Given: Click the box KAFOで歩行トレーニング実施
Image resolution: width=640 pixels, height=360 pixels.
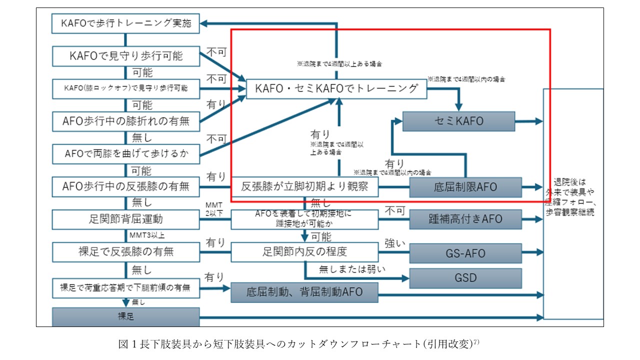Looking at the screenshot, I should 125,23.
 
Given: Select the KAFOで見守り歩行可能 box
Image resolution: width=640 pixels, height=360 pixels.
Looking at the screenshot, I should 125,55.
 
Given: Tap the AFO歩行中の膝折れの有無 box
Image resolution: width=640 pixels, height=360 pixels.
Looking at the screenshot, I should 125,120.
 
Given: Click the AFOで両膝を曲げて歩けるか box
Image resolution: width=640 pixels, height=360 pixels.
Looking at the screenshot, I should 125,153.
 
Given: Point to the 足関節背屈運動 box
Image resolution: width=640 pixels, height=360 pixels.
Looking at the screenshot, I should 125,219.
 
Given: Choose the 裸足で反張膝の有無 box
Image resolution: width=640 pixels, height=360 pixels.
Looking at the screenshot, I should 125,251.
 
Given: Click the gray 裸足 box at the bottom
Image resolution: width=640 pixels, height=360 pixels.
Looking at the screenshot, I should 125,317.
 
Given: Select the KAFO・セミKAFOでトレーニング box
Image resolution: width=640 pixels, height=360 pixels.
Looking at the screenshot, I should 336,89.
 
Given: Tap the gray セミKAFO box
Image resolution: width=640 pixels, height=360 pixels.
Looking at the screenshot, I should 458,121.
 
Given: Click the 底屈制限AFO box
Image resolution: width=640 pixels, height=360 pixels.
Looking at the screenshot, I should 465,187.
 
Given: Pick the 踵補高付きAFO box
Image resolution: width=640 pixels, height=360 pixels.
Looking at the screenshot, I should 465,219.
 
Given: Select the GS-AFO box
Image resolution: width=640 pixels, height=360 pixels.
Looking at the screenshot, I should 465,252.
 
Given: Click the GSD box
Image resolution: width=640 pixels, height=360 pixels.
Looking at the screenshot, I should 465,278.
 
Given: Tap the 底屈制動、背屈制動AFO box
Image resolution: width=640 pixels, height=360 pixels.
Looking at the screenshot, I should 304,292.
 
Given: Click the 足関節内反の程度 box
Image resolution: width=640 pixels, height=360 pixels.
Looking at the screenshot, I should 304,251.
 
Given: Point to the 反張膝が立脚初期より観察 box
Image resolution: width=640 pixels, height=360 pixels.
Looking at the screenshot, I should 304,187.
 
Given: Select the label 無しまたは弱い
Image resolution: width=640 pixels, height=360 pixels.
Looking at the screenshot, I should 352,269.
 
